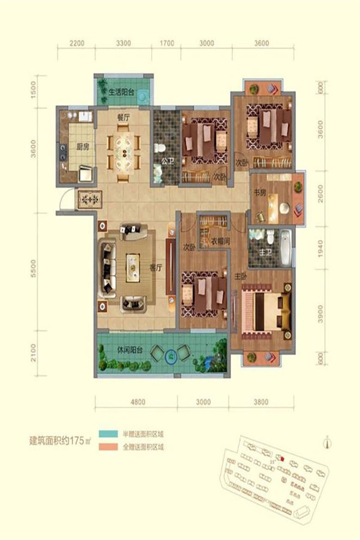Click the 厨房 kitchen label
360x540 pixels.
coord(82,147)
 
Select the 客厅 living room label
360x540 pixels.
coord(156,267)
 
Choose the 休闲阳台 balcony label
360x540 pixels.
coord(130,350)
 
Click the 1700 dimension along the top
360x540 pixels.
coord(167,43)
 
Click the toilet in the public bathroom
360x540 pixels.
coord(160,149)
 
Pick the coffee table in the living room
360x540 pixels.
coord(134,267)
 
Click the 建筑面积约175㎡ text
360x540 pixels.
coord(60,441)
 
